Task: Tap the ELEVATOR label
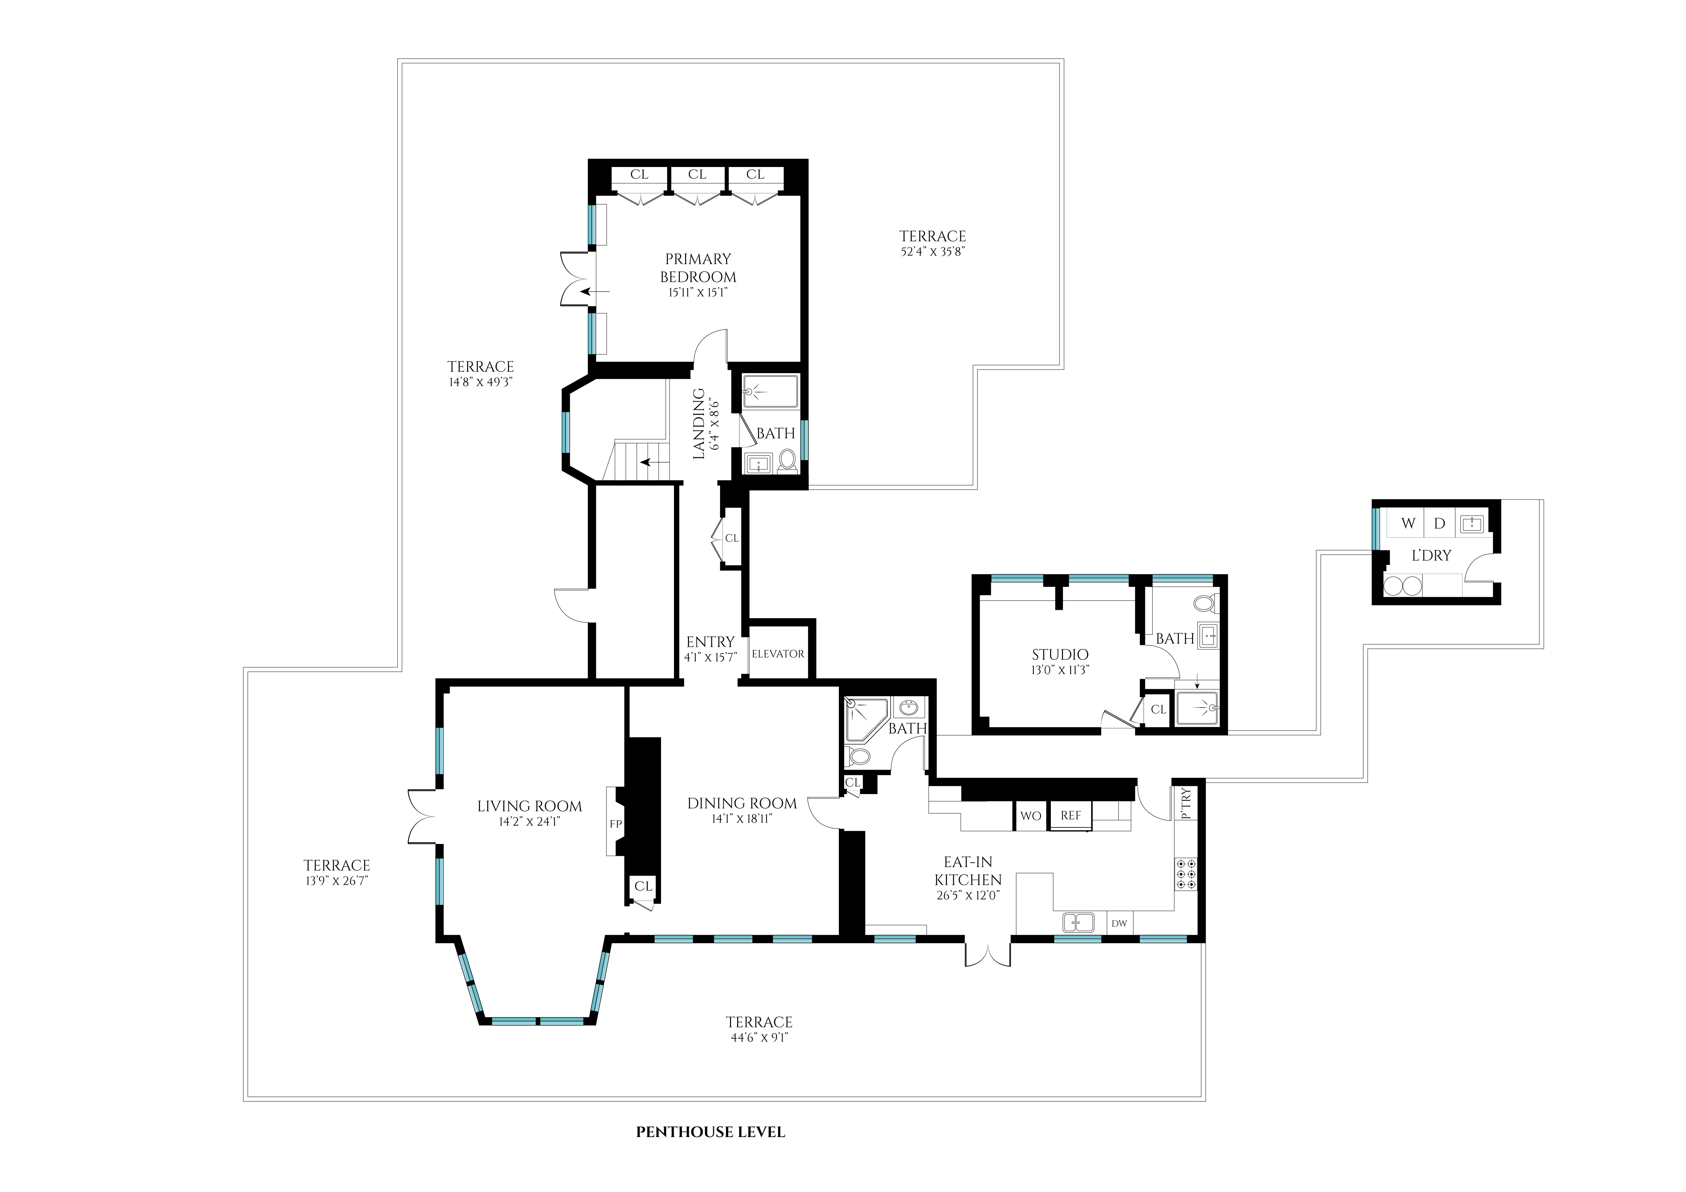pyautogui.click(x=778, y=653)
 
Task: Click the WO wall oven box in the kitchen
pyautogui.click(x=1030, y=816)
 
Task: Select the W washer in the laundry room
pyautogui.click(x=1408, y=523)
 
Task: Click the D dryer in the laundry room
pyautogui.click(x=1439, y=523)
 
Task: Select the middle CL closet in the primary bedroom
pyautogui.click(x=697, y=175)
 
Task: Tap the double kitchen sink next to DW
pyautogui.click(x=1077, y=921)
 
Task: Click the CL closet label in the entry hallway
pyautogui.click(x=731, y=538)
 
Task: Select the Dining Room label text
pyautogui.click(x=742, y=803)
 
